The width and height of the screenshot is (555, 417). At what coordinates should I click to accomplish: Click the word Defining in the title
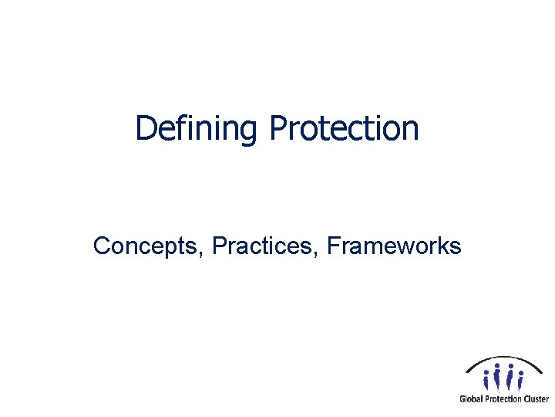coord(196,128)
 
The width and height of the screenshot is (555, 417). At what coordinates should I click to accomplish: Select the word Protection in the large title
coord(344,128)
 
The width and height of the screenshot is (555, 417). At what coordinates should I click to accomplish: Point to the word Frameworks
coord(394,246)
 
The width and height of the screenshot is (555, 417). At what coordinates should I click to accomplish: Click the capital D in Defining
coord(144,128)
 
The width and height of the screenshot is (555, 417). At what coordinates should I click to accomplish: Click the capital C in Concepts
coord(101,246)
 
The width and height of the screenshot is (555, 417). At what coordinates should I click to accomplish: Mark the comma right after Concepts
coord(202,254)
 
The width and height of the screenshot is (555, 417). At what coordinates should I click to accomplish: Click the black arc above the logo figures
coord(505,359)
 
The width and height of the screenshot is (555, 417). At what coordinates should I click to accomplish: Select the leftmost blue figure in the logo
coord(486,378)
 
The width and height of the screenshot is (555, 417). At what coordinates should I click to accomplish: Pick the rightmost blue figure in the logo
coord(521,378)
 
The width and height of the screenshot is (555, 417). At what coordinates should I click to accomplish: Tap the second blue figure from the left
coord(498,377)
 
